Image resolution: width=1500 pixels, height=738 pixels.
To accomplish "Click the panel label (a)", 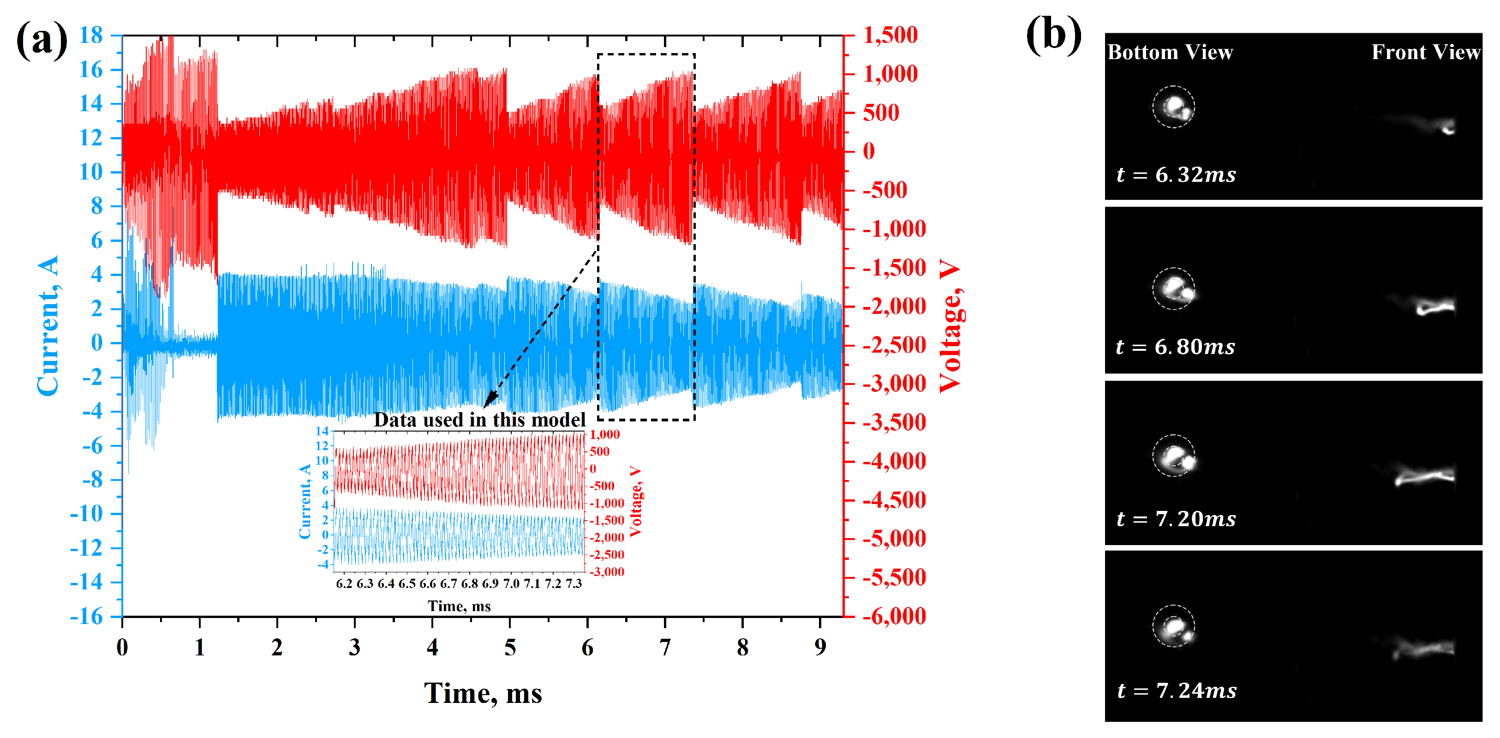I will (42, 40).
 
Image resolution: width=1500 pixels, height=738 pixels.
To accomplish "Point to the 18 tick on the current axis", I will (91, 36).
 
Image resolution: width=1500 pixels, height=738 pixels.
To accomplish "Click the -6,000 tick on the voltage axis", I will (894, 616).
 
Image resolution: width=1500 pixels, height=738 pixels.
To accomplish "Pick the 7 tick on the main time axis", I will (665, 647).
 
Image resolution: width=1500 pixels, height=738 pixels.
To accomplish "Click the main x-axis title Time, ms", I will (483, 693).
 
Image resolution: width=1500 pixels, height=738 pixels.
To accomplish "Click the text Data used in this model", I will (479, 420).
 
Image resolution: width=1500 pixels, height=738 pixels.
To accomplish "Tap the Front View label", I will (1425, 53).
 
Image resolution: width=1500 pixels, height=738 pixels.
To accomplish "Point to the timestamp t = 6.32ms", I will (1176, 175).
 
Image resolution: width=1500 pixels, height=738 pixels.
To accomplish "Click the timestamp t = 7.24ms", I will (1176, 691).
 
